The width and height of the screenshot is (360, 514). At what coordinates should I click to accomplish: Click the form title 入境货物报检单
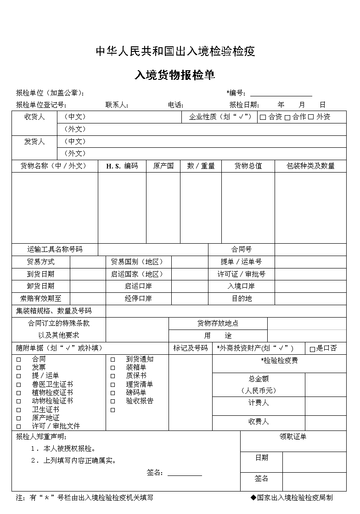(174, 75)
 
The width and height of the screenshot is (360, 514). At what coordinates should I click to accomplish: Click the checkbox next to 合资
(263, 117)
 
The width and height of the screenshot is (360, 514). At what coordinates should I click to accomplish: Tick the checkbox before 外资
(311, 117)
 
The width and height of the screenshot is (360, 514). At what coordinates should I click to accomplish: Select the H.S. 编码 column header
(122, 166)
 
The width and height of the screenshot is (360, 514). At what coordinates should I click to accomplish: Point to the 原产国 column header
(163, 166)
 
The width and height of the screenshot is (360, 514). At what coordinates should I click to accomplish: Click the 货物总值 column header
(248, 166)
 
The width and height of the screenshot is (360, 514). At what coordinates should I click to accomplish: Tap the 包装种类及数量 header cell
(310, 166)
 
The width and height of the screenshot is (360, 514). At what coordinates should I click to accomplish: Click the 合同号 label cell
(241, 250)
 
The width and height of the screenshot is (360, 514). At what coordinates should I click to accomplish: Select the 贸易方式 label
(40, 262)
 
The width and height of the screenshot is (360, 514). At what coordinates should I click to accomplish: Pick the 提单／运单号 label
(241, 262)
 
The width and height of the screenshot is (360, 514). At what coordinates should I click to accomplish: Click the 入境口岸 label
(241, 286)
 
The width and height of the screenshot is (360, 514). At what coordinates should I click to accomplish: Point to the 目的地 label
(241, 299)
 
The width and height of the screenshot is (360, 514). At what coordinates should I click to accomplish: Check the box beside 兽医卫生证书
(19, 385)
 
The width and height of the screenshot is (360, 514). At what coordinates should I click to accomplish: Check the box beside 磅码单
(112, 393)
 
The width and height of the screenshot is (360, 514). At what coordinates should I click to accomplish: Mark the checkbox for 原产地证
(19, 418)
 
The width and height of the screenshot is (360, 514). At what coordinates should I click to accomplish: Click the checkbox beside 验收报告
(112, 401)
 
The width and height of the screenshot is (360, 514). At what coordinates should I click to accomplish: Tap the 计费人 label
(258, 403)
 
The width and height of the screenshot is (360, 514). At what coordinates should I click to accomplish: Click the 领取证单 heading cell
(293, 437)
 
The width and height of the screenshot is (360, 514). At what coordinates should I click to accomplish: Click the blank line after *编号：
(281, 93)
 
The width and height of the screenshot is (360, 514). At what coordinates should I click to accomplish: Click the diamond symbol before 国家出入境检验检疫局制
(253, 497)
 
